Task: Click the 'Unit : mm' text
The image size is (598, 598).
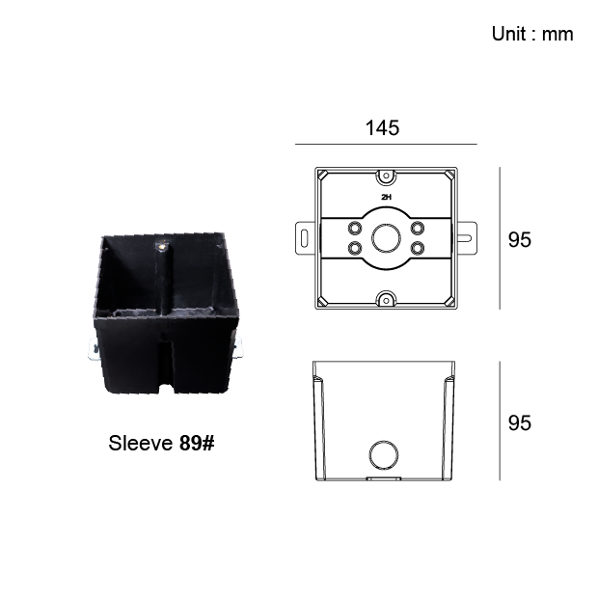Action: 532,34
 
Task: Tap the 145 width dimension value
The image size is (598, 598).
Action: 383,127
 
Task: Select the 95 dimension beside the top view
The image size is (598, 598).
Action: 520,240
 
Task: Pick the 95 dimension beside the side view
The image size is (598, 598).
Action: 520,423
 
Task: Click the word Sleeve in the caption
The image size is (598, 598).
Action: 141,443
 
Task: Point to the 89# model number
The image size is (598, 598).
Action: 197,443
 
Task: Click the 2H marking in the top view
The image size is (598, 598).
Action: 387,197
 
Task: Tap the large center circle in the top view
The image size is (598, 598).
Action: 387,238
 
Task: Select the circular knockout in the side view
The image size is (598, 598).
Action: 384,455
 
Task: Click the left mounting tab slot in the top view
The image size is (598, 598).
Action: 304,238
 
